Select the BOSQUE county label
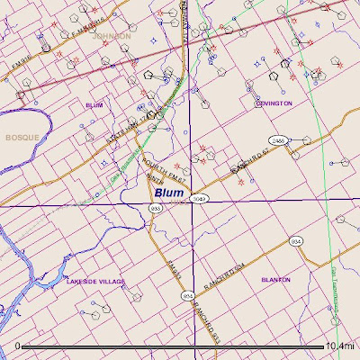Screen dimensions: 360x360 pyautogui.click(x=19, y=137)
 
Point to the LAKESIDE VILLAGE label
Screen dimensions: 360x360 pyautogui.click(x=95, y=282)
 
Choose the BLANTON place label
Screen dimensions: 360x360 pyautogui.click(x=275, y=280)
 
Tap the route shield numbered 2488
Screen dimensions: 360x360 pyautogui.click(x=279, y=141)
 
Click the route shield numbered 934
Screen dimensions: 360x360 pyautogui.click(x=294, y=241)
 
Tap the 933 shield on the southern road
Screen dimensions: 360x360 pyautogui.click(x=187, y=295)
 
